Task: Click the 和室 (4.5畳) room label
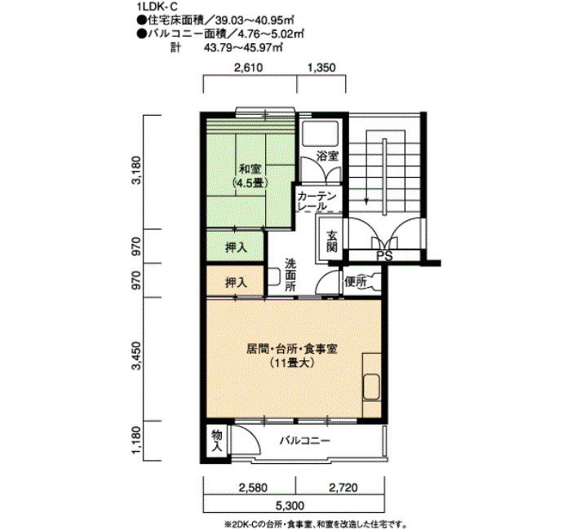(250, 176)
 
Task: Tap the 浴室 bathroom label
(327, 157)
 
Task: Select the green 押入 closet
(235, 246)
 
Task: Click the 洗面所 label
(290, 275)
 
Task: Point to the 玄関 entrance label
(331, 241)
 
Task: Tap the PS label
(384, 256)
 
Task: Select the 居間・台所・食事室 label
(292, 350)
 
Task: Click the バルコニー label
(305, 441)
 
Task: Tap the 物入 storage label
(217, 440)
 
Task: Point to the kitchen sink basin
(372, 387)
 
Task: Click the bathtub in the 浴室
(320, 134)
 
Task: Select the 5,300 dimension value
(290, 506)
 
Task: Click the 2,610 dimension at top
(248, 68)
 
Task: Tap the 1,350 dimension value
(321, 68)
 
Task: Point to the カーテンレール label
(316, 201)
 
